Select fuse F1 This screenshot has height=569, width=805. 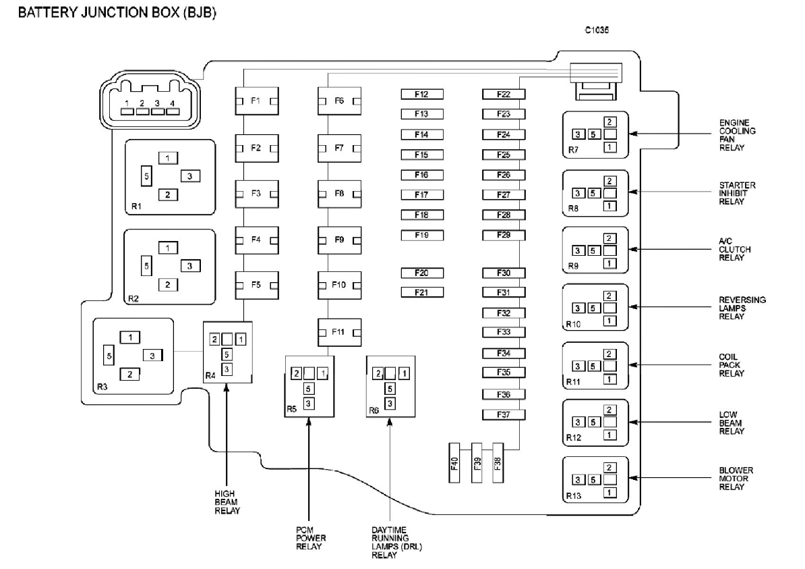pyautogui.click(x=256, y=101)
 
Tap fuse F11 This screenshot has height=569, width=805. pyautogui.click(x=338, y=332)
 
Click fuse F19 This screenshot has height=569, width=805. pyautogui.click(x=422, y=235)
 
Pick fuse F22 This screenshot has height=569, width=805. pyautogui.click(x=503, y=94)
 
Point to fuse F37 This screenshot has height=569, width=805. pyautogui.click(x=503, y=414)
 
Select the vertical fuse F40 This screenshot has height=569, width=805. pyautogui.click(x=454, y=463)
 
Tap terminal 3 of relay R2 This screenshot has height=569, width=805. pyautogui.click(x=190, y=266)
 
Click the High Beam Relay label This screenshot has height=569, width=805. pyautogui.click(x=226, y=502)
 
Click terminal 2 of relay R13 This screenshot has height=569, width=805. pyautogui.click(x=609, y=467)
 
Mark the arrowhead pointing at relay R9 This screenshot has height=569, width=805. pyautogui.click(x=632, y=249)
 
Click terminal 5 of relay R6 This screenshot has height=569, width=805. pyautogui.click(x=389, y=388)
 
